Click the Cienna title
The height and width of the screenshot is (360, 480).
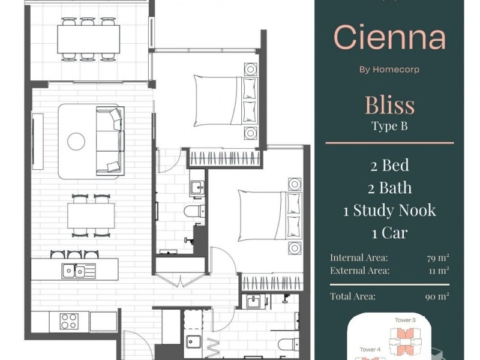(389, 37)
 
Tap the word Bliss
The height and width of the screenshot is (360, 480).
(389, 104)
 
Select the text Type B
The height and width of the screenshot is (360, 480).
(389, 126)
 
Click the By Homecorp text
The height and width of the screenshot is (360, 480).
(389, 70)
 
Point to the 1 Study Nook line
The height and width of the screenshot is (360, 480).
(389, 211)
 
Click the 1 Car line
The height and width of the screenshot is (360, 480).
(389, 233)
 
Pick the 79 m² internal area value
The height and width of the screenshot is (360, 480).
(438, 258)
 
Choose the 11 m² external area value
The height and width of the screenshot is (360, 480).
(439, 271)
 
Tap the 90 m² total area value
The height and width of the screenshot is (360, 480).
(437, 296)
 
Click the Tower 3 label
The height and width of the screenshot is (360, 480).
(405, 320)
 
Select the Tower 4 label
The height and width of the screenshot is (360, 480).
(370, 349)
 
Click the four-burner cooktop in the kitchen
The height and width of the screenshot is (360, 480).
(69, 321)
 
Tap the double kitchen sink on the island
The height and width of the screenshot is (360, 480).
(79, 271)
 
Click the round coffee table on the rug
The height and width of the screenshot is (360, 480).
(76, 142)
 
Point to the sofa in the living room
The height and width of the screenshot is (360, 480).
(110, 141)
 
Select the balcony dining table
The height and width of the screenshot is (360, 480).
(88, 39)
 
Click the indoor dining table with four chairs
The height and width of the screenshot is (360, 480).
(91, 215)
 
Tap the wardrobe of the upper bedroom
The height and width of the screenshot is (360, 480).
(224, 158)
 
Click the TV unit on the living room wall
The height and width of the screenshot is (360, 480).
(38, 141)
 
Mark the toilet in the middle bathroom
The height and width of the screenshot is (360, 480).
(194, 211)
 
